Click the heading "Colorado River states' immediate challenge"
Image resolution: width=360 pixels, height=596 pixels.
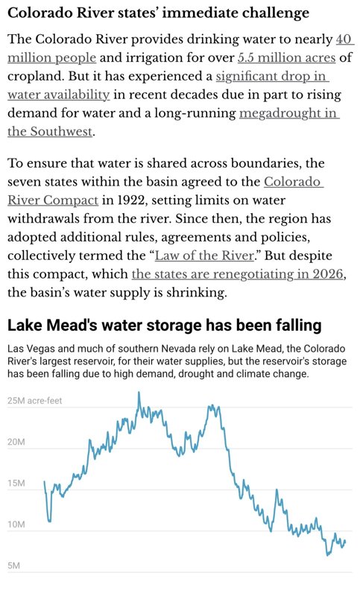(158, 13)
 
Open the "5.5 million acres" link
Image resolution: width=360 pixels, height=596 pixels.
(287, 58)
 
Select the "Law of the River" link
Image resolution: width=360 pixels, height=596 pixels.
(204, 256)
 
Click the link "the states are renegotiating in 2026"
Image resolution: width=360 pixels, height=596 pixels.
(238, 274)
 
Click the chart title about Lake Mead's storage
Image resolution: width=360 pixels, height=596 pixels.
(165, 326)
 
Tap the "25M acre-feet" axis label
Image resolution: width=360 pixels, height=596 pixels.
(34, 401)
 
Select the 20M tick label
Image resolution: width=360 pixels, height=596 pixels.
(16, 442)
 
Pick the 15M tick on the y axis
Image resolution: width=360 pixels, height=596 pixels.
(16, 483)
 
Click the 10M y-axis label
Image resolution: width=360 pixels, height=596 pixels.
(16, 524)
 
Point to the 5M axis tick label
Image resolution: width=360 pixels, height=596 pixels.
(13, 565)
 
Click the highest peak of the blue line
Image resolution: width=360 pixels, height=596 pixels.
(139, 392)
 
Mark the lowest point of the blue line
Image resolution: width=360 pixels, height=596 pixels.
(327, 555)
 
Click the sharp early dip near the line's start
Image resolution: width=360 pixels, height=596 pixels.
(49, 521)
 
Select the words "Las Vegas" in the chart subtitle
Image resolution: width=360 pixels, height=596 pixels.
(25, 349)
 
